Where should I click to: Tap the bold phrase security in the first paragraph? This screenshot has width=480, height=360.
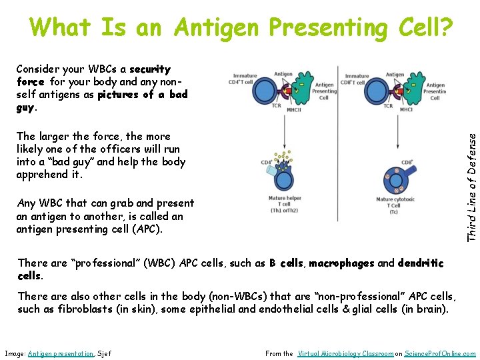coord(150,69)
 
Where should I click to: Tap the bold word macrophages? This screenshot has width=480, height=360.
coord(341,263)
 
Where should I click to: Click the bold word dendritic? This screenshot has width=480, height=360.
coord(420,263)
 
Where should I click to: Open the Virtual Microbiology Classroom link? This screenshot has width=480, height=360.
coord(346,353)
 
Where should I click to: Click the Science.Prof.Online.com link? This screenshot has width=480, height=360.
coord(441,353)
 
